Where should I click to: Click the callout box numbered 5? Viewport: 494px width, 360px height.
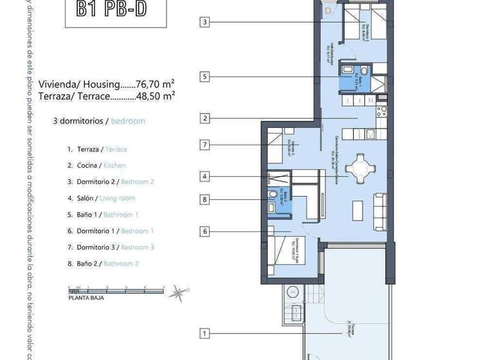coord(205,77)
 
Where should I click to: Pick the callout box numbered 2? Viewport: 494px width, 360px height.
coord(205,118)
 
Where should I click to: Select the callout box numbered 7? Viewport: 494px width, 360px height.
coord(205,145)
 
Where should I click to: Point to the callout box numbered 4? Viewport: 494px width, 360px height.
coord(205,176)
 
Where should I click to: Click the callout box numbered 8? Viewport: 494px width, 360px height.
coord(205,200)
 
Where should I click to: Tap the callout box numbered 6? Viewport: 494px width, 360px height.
coord(205,231)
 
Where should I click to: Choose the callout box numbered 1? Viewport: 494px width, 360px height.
coord(205,334)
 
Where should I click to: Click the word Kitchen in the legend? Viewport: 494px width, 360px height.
coord(114,165)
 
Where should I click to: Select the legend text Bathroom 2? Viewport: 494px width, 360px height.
coord(121,264)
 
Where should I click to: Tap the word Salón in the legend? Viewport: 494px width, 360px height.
coord(86,198)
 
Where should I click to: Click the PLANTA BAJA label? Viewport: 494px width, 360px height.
coord(86,298)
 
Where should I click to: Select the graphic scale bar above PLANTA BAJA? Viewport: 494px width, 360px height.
coord(116,290)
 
